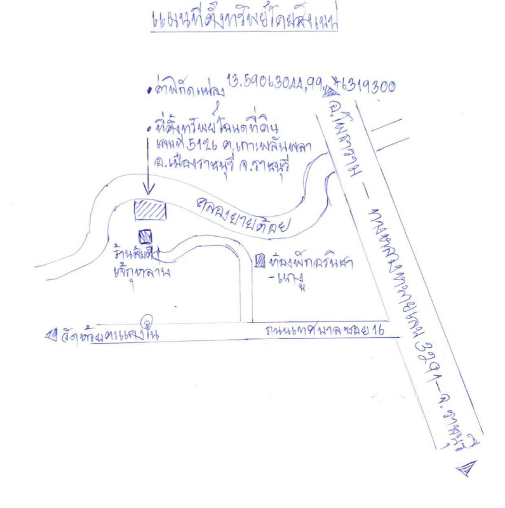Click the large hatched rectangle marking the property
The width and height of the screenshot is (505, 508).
(x=151, y=210)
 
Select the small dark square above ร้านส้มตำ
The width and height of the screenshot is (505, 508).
(x=146, y=236)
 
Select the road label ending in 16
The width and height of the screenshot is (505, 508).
(x=323, y=331)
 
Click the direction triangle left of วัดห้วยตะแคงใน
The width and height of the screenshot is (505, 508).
(x=51, y=334)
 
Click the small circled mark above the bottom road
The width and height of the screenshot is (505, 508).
(x=149, y=321)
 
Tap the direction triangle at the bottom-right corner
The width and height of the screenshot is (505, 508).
(x=465, y=470)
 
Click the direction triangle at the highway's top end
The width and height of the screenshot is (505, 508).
(x=329, y=93)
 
